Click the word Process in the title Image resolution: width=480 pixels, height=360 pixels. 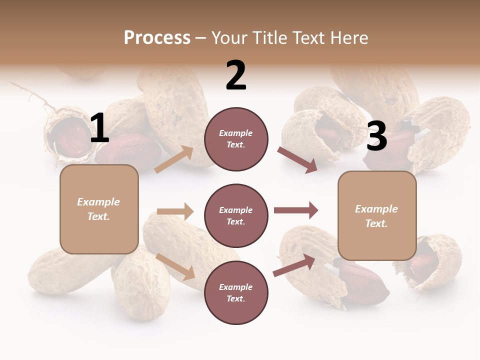coord(157,37)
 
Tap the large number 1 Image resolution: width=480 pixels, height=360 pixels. coord(99,128)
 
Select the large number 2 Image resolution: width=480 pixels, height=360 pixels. coord(236,76)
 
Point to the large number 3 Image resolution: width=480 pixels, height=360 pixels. coord(376,136)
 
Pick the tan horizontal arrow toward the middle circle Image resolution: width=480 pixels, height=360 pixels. coord(175,211)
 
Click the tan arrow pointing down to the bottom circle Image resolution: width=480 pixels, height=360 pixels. coord(175,266)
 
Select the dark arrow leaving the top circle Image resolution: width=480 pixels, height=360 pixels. coord(297,160)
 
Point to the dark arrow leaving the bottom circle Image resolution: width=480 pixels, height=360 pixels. coord(294,265)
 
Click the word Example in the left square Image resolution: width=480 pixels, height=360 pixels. coord(98,202)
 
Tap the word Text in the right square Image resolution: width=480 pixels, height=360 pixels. coord(376,223)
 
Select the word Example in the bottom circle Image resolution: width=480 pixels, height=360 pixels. coord(235,287)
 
